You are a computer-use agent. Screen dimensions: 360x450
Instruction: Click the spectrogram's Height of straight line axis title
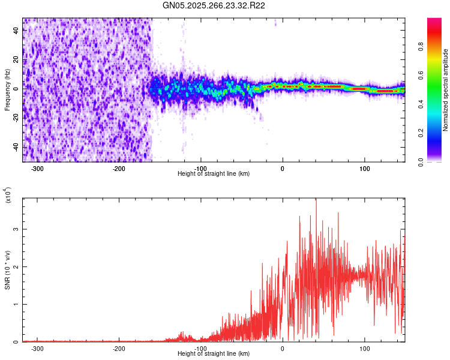click(214, 174)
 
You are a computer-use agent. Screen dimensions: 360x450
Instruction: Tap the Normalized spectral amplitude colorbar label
click(446, 90)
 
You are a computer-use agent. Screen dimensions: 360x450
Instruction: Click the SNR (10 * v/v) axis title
click(7, 269)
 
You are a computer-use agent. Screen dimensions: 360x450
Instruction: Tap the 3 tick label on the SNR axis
click(16, 229)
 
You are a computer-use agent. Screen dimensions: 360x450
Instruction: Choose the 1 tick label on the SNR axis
click(16, 304)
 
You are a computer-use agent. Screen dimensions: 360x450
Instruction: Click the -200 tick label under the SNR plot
click(119, 349)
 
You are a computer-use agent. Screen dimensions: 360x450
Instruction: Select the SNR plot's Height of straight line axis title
click(214, 354)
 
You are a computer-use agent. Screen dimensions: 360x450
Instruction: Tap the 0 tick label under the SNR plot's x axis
click(283, 349)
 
